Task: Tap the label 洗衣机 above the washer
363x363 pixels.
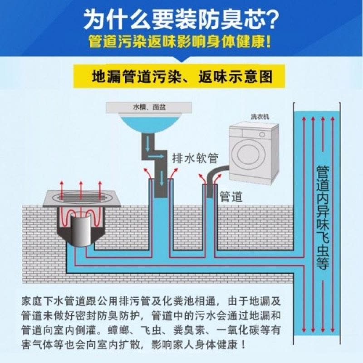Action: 260,117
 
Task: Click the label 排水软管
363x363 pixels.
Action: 195,158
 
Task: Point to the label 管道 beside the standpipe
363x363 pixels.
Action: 231,196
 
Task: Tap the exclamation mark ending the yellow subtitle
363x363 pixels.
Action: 269,43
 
